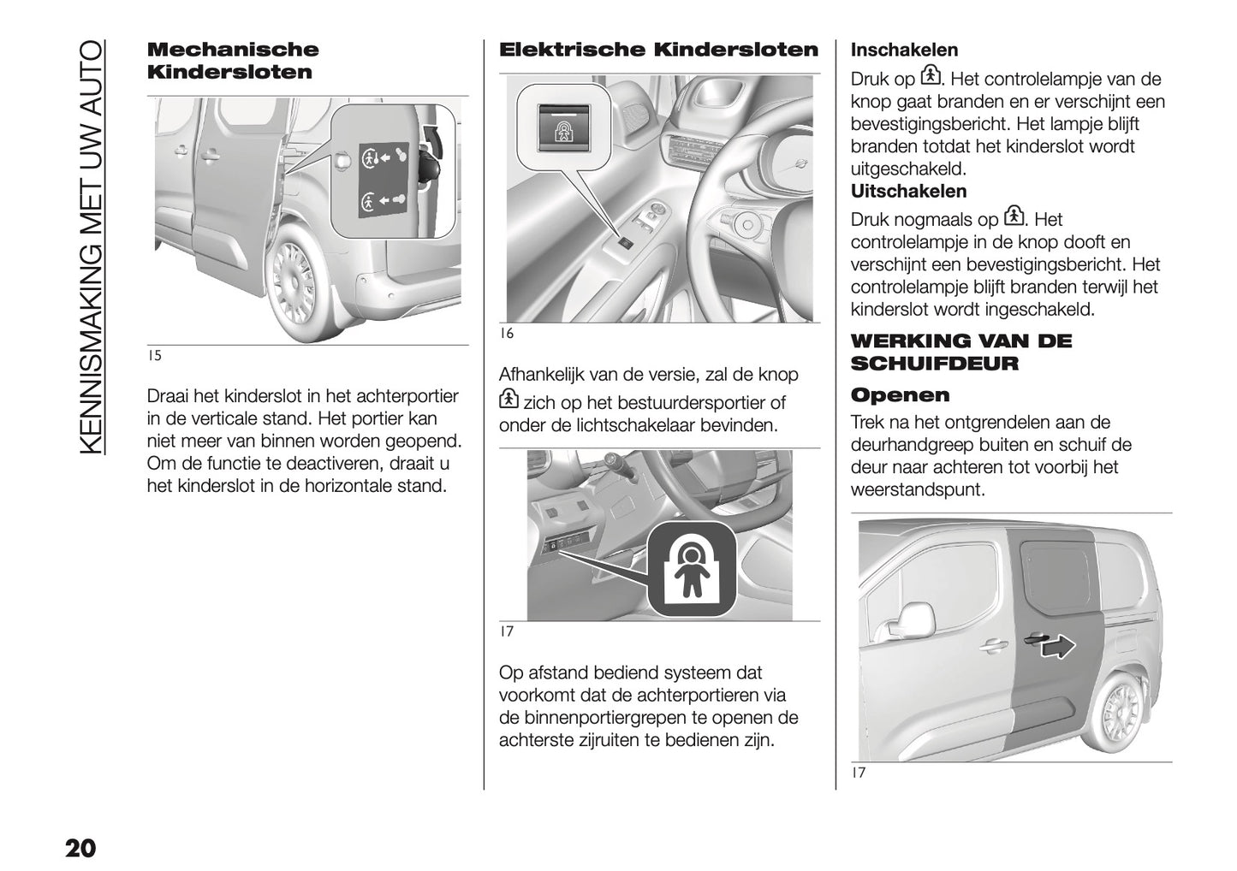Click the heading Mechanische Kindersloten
point(232,61)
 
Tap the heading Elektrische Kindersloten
point(658,50)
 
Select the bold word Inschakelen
point(904,50)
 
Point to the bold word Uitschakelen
point(908,192)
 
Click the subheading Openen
point(900,395)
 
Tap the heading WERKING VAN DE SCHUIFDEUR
point(960,353)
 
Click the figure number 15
point(154,356)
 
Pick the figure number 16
point(506,334)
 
